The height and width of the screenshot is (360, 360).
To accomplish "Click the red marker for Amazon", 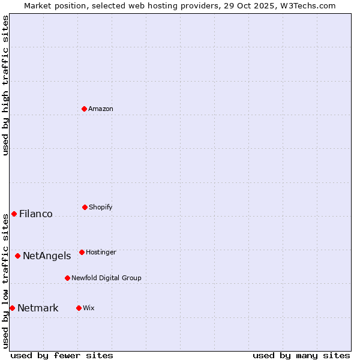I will click(x=84, y=109).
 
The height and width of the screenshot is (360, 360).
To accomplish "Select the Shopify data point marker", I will click(x=85, y=207).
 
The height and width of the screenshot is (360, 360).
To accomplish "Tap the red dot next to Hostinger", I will click(x=82, y=252).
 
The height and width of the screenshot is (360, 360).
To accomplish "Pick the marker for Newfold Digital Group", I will click(x=67, y=278).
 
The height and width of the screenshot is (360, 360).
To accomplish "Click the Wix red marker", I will click(x=79, y=308).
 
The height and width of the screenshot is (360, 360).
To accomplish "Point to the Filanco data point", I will click(x=14, y=214).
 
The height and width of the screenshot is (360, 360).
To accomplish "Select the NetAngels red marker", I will click(x=17, y=256).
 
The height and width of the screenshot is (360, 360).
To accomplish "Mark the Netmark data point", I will click(x=12, y=308).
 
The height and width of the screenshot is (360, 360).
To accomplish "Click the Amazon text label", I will click(x=101, y=109).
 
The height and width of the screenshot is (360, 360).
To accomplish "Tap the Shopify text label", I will click(x=101, y=207).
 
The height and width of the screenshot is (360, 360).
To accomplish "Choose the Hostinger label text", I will click(x=101, y=252).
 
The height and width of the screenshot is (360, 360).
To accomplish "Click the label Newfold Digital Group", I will click(x=106, y=278).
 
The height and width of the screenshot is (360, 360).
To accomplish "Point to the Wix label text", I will click(x=89, y=308).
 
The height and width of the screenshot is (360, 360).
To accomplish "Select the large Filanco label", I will click(x=36, y=214).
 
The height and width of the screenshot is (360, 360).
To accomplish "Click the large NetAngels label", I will click(x=47, y=256).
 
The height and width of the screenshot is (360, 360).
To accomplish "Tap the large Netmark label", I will click(x=38, y=308).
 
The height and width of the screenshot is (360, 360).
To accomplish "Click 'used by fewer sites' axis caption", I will click(x=62, y=355).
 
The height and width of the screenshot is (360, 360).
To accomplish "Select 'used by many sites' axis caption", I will click(x=301, y=355).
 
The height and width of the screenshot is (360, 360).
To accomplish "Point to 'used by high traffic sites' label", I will click(x=5, y=85).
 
